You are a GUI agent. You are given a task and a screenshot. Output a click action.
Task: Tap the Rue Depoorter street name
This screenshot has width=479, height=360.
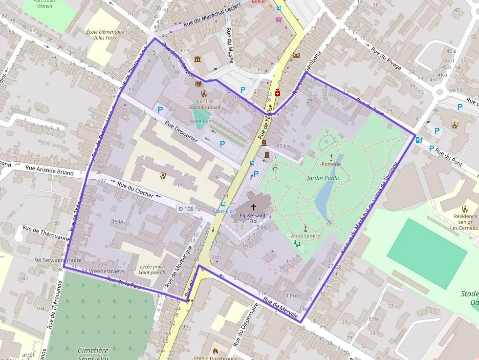click(x=181, y=131)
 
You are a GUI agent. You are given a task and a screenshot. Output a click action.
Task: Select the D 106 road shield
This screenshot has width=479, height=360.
click(x=186, y=209)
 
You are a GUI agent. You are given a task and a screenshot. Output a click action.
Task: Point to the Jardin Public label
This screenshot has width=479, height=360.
click(x=323, y=178)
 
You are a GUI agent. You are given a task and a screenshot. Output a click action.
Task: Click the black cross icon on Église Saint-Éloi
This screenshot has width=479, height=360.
click(x=253, y=207)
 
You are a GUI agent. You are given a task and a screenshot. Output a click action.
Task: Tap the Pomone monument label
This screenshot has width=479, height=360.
click(x=331, y=164)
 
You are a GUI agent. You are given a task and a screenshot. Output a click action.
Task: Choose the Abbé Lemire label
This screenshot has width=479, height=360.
click(x=305, y=235)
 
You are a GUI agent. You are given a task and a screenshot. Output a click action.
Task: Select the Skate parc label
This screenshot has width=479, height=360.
click(x=201, y=121)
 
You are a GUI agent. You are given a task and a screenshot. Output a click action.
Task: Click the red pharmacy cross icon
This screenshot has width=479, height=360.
click(x=278, y=92)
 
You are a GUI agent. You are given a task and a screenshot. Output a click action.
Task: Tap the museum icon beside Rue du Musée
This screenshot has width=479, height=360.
click(x=197, y=59)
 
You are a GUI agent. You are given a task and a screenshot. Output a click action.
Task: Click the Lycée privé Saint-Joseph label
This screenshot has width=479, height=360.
click(x=152, y=269)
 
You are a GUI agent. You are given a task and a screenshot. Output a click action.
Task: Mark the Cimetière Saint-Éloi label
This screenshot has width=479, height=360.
click(x=93, y=354)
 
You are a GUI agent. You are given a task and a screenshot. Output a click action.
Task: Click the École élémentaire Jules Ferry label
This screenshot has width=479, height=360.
click(x=105, y=34)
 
